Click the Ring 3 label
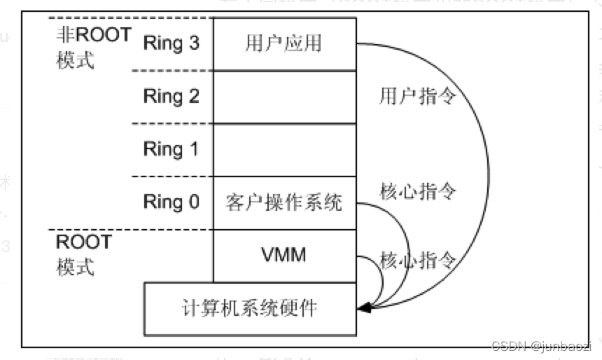pyautogui.click(x=171, y=43)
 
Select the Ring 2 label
pyautogui.click(x=171, y=96)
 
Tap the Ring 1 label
pyautogui.click(x=171, y=149)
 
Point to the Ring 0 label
pyautogui.click(x=171, y=202)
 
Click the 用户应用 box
pyautogui.click(x=283, y=43)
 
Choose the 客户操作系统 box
pyautogui.click(x=284, y=203)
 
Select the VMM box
pyautogui.click(x=283, y=255)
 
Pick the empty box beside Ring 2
pyautogui.click(x=284, y=97)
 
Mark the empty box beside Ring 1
pyautogui.click(x=284, y=150)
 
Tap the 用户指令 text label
pyautogui.click(x=417, y=96)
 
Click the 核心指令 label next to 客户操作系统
pyautogui.click(x=419, y=191)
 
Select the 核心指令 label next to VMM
pyautogui.click(x=419, y=261)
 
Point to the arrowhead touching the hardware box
pyautogui.click(x=362, y=307)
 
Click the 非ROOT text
pyautogui.click(x=93, y=34)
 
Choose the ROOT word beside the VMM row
pyautogui.click(x=83, y=242)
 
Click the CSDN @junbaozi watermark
pyautogui.click(x=542, y=345)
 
